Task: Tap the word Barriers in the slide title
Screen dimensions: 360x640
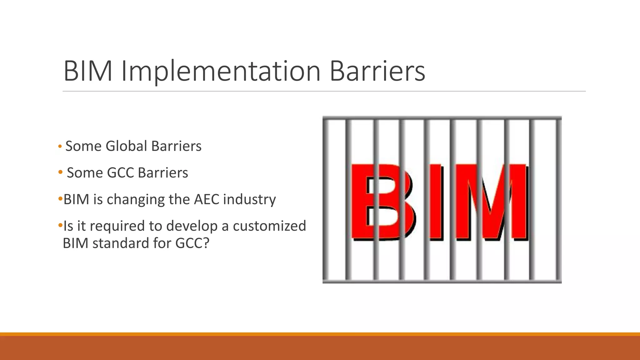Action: [x=377, y=71]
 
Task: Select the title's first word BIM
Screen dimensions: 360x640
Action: [x=88, y=71]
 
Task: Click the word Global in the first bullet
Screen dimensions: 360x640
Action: [x=126, y=146]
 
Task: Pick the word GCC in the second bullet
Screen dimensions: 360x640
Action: [x=120, y=172]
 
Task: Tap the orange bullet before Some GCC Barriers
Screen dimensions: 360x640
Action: [x=60, y=172]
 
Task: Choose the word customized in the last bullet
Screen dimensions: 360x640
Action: [x=269, y=226]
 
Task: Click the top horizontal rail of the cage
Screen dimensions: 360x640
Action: [x=442, y=118]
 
